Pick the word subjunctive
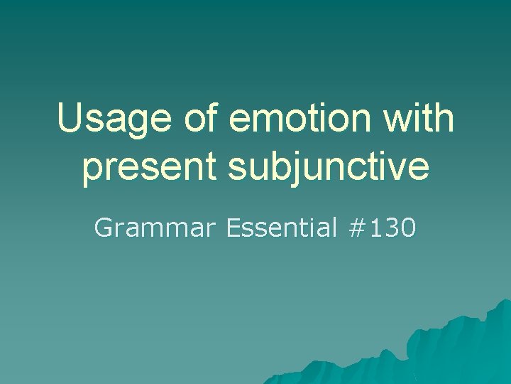click(x=329, y=167)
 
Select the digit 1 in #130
click(x=376, y=228)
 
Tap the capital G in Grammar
click(x=103, y=228)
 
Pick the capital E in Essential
click(x=233, y=228)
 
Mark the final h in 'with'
click(x=444, y=118)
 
